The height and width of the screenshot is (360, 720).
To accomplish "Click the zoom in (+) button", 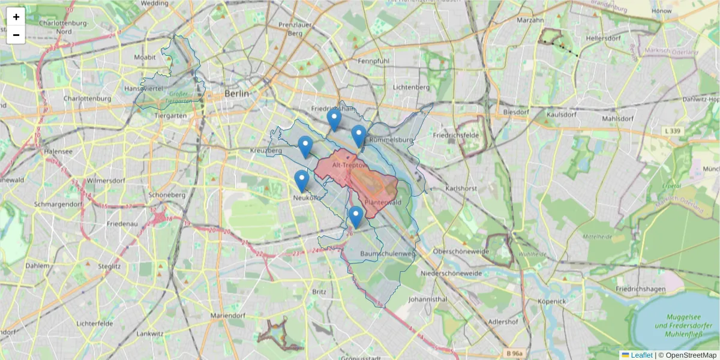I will point(16,17).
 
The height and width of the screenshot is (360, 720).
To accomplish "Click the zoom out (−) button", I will point(16,35).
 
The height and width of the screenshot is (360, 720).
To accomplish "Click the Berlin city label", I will point(236,94).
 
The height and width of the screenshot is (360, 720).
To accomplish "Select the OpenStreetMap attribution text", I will point(691,355).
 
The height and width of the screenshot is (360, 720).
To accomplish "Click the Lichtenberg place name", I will point(411,87).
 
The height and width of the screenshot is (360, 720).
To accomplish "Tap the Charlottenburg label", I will point(87,98).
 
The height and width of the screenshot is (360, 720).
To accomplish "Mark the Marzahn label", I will point(530,20).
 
